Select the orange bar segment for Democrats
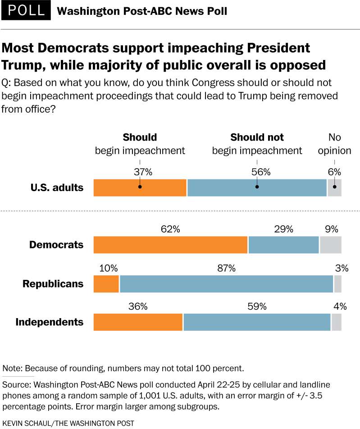pos(170,245)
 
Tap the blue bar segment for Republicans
pos(226,284)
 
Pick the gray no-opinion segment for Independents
pos(336,322)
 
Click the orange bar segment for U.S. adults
pos(140,187)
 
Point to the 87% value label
pos(226,269)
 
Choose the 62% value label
pos(170,229)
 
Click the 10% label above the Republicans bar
pos(108,269)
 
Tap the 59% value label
pos(257,307)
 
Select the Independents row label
pos(50,322)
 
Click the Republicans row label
pos(53,284)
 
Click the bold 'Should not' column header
pos(257,137)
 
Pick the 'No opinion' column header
pos(334,144)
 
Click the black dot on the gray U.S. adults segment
pos(334,187)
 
